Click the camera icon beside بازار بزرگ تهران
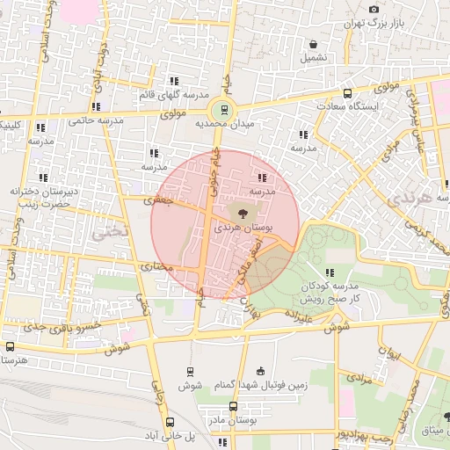(374, 8)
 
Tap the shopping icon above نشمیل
(314, 44)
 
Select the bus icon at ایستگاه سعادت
(347, 93)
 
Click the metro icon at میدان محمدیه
(223, 110)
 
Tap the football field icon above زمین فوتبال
(258, 373)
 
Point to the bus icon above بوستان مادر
(233, 406)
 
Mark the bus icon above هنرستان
(10, 346)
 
